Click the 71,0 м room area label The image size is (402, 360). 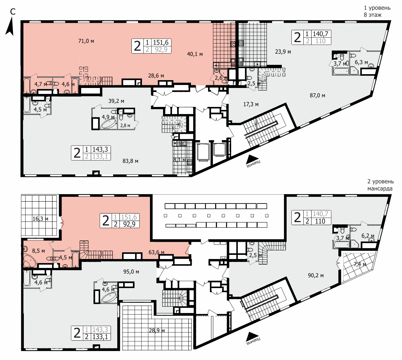click(86, 41)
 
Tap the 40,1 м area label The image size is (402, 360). click(195, 54)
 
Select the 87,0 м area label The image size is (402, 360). click(318, 95)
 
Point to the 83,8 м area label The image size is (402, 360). click(131, 161)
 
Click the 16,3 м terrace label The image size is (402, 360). click(40, 219)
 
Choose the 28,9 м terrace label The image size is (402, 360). click(157, 330)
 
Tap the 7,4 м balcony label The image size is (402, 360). click(360, 264)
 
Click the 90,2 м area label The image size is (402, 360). click(316, 275)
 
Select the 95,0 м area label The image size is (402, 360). click(131, 272)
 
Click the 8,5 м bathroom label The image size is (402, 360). click(38, 250)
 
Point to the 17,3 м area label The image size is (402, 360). click(251, 104)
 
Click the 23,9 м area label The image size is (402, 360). click(283, 52)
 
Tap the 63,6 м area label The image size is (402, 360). click(156, 252)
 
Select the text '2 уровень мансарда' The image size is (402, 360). click(380, 185)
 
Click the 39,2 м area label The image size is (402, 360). click(116, 101)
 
